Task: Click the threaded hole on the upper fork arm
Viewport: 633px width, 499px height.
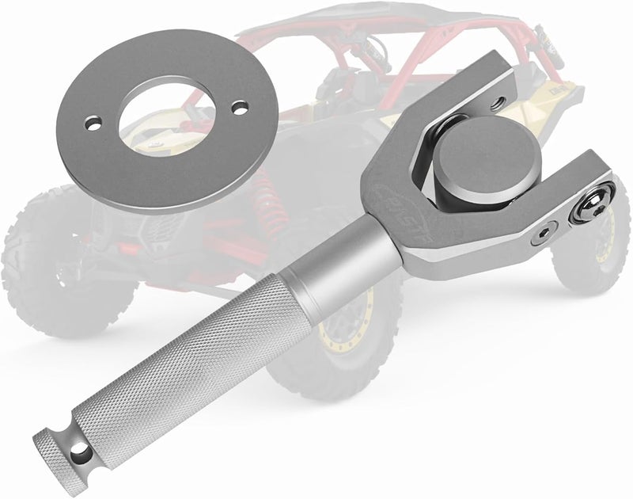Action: (x=496, y=102)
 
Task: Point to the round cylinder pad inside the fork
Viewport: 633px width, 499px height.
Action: (x=479, y=167)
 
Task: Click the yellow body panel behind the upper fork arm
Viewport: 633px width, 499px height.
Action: (x=538, y=119)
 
